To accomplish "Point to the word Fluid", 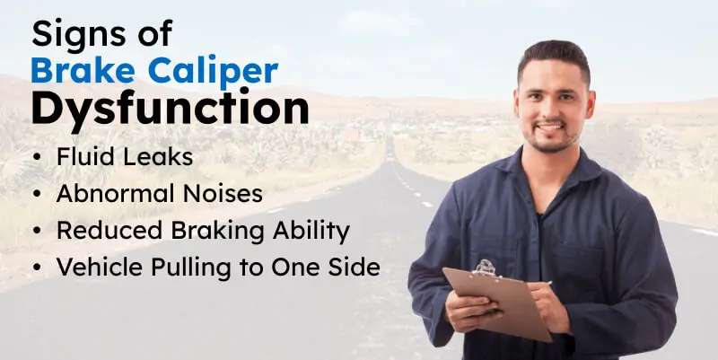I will [83, 155].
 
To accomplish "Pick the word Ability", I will [312, 232].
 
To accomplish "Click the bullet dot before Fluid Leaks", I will [35, 156].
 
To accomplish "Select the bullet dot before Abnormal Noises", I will [35, 194].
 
